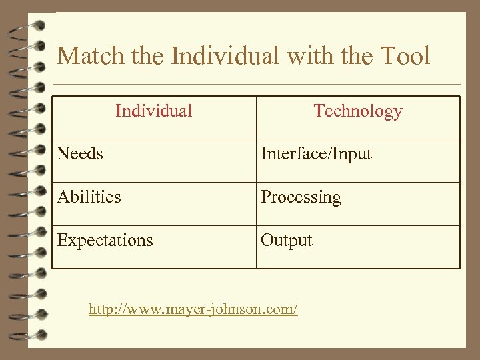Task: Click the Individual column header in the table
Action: point(153,111)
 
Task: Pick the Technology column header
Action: point(358,111)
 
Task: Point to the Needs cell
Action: point(80,154)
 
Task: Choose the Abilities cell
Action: point(89,197)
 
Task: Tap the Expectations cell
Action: point(105,241)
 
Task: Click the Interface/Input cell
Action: point(316,154)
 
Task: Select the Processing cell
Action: point(301,197)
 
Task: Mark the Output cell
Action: point(287,241)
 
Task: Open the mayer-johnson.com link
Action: point(193,309)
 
